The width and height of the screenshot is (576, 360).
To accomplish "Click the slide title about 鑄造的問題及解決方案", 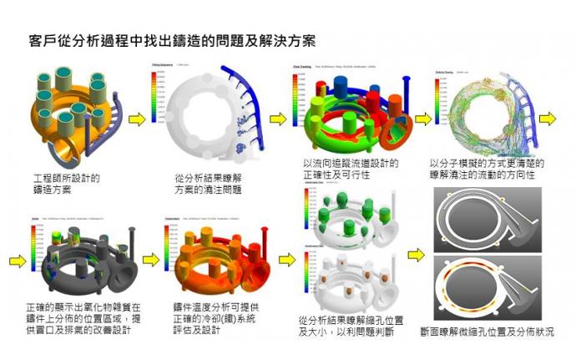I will [171, 39].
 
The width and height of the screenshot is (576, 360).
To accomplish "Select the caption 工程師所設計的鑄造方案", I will [66, 184].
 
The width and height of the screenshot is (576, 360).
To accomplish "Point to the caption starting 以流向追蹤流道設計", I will [350, 169].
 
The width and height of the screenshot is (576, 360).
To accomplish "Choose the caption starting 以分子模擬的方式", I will [482, 169].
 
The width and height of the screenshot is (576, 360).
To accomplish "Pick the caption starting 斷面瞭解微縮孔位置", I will [488, 332].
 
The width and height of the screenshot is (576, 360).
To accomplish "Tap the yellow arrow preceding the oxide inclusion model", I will [14, 260].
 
